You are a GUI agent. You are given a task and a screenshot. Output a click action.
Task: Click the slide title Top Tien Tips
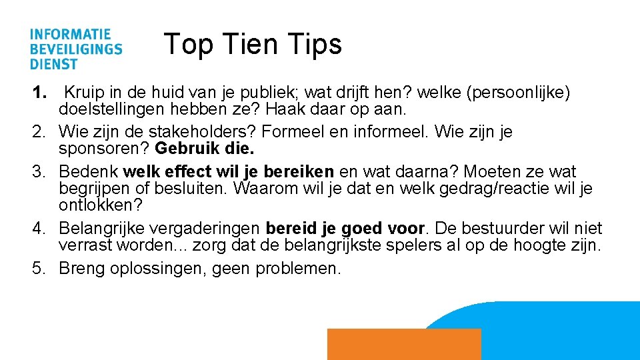[253, 44]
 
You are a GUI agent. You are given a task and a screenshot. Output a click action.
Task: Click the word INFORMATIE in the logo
[70, 34]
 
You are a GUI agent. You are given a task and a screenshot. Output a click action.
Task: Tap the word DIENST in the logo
[53, 64]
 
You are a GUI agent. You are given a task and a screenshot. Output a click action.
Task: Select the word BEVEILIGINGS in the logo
[75, 49]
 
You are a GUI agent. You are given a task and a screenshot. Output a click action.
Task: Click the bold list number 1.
[41, 93]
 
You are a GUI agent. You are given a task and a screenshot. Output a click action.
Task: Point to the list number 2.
[41, 132]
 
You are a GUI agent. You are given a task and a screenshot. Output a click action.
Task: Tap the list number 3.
[41, 172]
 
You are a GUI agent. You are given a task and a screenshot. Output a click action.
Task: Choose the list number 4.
[41, 229]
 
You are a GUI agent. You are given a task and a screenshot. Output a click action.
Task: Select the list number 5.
[41, 269]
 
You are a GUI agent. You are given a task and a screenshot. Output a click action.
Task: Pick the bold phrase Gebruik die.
[203, 147]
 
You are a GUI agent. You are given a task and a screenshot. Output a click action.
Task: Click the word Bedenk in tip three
[89, 172]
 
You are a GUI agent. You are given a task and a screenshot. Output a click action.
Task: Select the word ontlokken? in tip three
[101, 204]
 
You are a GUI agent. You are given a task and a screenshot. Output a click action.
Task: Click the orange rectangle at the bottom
[404, 344]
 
